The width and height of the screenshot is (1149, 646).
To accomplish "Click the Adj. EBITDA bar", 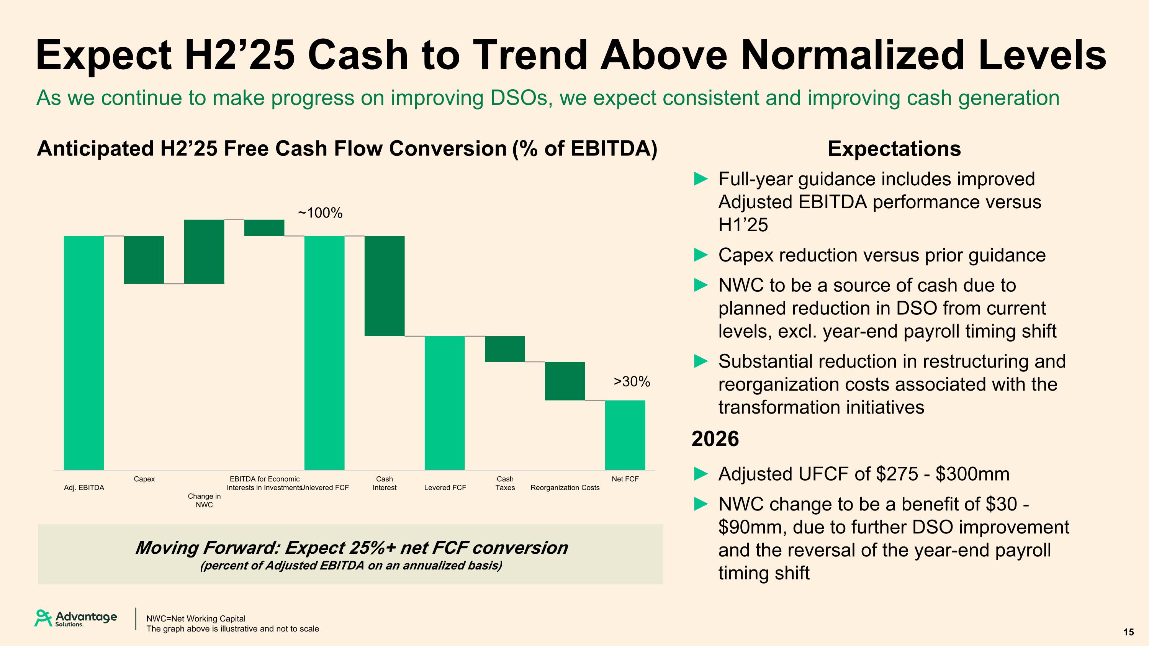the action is (x=84, y=353).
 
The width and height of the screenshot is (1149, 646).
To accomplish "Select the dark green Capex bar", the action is (x=144, y=260).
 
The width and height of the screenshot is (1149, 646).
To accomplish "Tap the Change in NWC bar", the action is (x=204, y=252).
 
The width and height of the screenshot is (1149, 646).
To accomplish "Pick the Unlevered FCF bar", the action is (x=324, y=353).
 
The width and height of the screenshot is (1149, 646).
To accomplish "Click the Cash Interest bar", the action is (x=385, y=286).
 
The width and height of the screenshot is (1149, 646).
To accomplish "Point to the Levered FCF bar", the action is (x=445, y=403).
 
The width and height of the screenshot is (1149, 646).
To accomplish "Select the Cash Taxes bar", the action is (x=505, y=349).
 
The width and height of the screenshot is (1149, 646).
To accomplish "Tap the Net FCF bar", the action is (x=625, y=435).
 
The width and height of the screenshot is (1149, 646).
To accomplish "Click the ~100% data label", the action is (x=320, y=213).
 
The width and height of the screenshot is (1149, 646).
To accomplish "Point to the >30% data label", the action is (x=632, y=382).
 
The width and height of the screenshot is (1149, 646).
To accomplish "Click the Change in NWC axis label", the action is (x=204, y=500).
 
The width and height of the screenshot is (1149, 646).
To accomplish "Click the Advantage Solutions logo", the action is (x=76, y=618).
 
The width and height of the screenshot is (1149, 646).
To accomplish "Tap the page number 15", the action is (x=1128, y=632).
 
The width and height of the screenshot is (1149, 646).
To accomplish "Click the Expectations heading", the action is (x=894, y=149).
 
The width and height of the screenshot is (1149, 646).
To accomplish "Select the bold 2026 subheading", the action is (x=715, y=439).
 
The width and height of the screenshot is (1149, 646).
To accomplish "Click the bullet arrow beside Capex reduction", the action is (x=701, y=255).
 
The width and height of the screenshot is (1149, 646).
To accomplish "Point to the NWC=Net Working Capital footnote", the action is (x=196, y=618).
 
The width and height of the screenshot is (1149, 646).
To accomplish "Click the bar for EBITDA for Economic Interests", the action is (x=264, y=228).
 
